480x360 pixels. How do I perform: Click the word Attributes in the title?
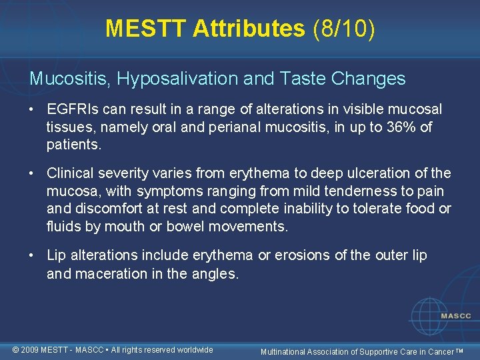247,28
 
